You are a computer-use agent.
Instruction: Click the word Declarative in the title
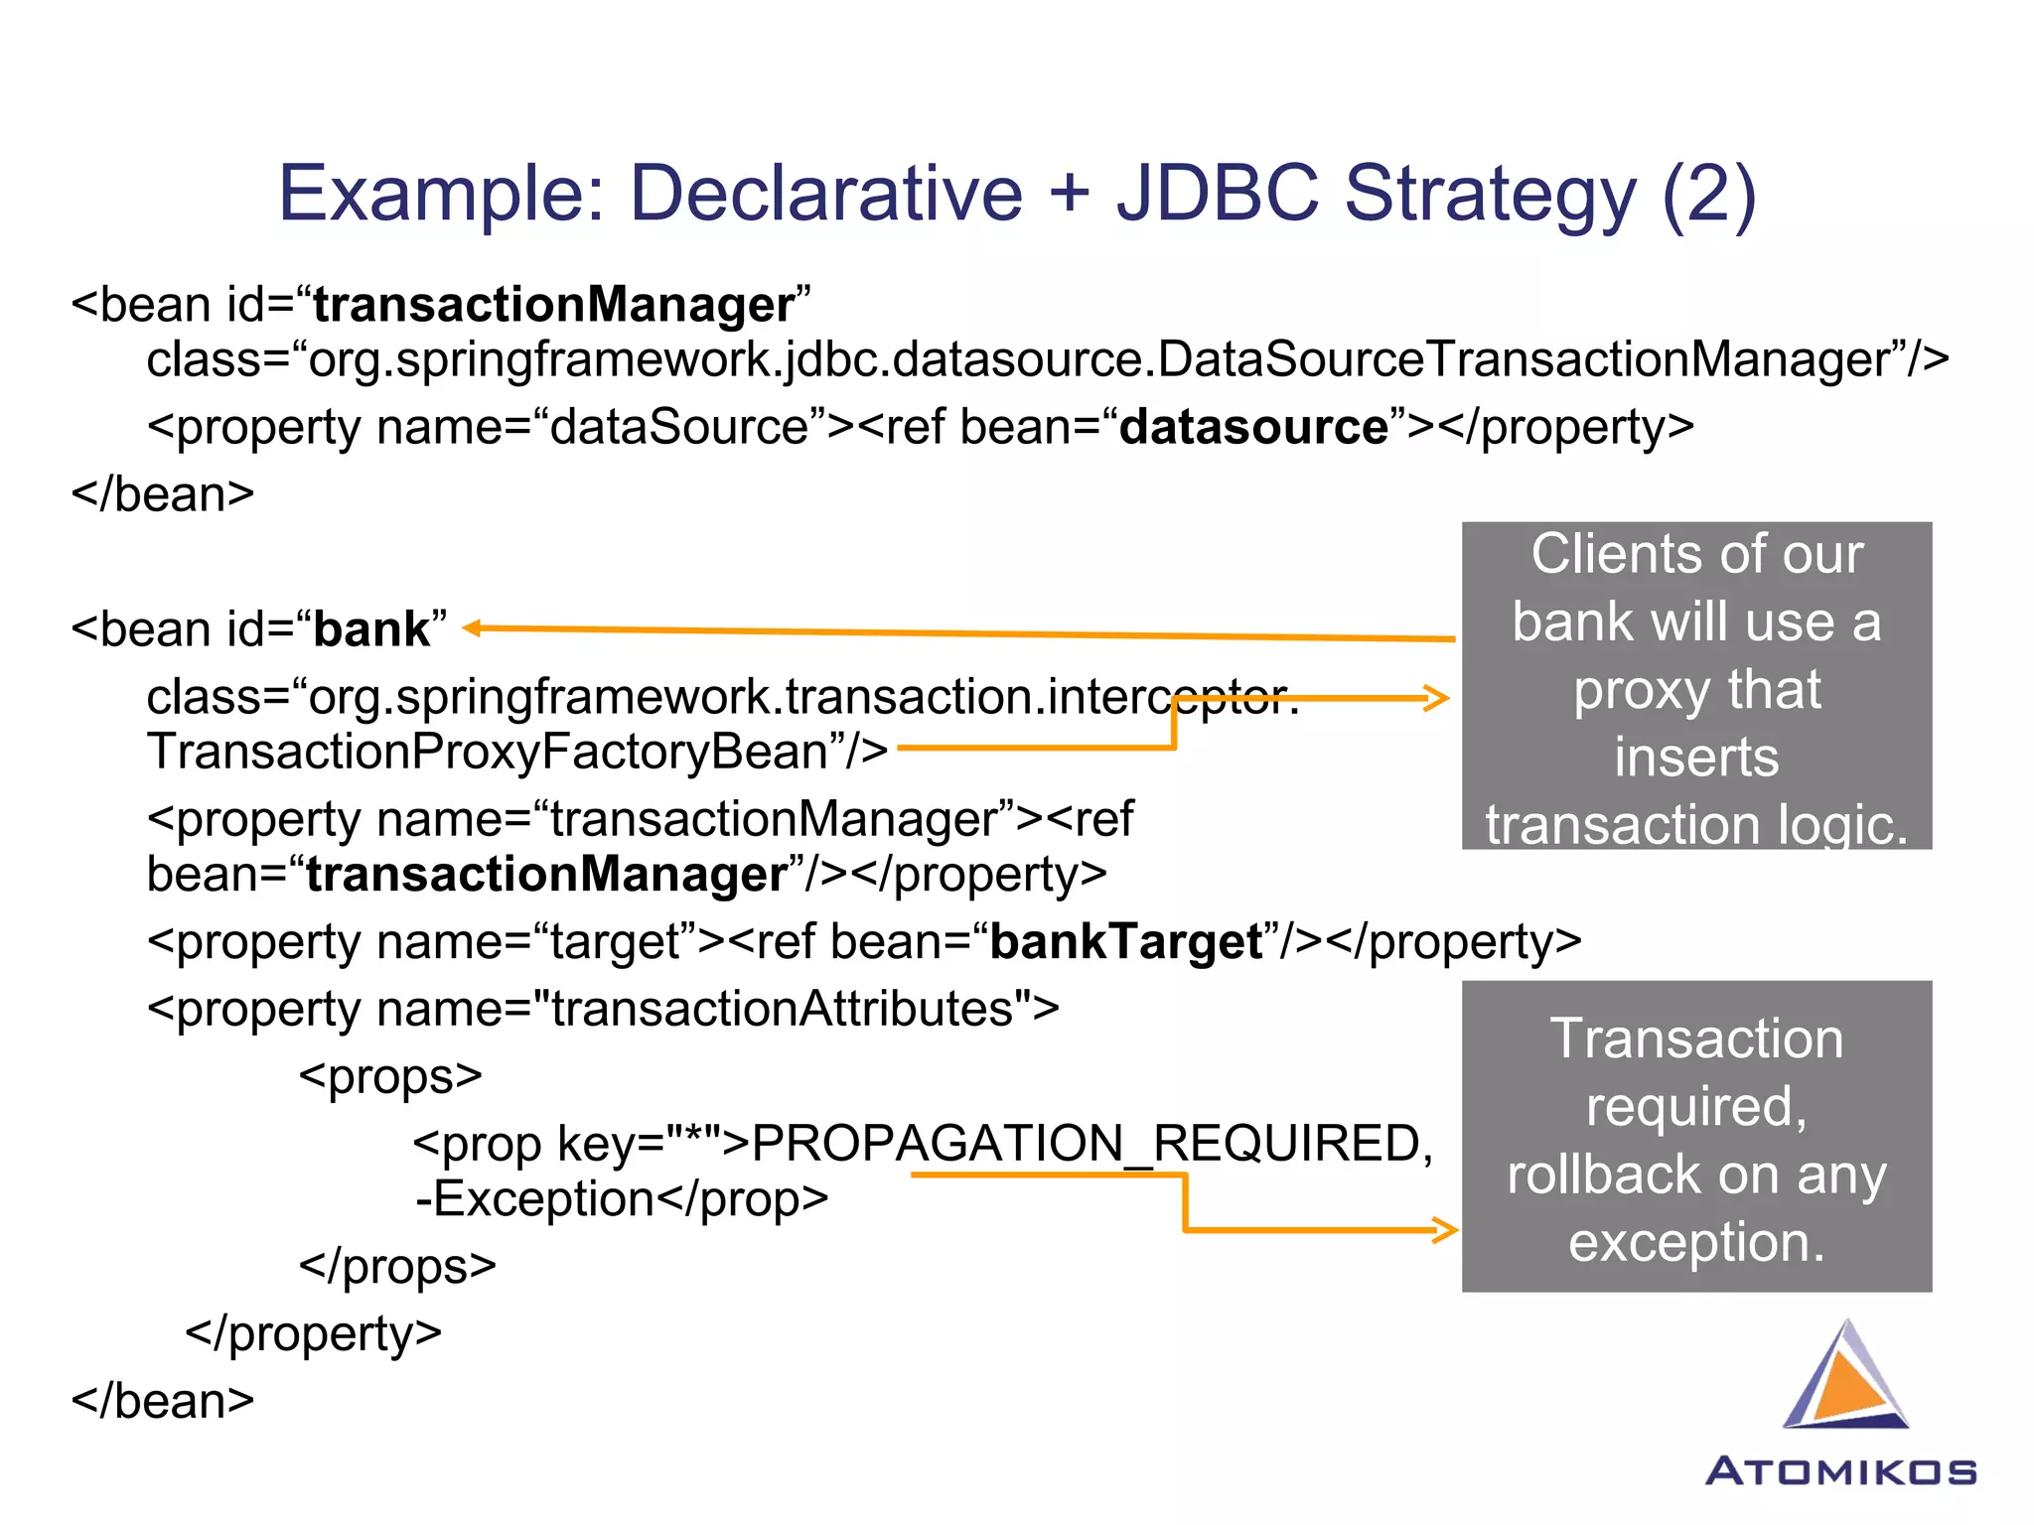[825, 193]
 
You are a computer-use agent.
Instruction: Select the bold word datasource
[1253, 427]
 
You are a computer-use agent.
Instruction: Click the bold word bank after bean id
[371, 629]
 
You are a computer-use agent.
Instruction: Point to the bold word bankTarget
[1126, 941]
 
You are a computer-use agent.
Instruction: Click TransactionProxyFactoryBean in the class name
[487, 752]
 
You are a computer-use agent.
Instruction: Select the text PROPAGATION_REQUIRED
[1088, 1143]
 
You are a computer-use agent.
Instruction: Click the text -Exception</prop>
[622, 1199]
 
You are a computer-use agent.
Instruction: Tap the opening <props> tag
[390, 1076]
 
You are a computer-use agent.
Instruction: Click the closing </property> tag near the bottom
[313, 1333]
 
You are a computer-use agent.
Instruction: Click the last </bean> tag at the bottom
[163, 1401]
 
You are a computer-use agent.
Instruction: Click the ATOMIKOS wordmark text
[1840, 1471]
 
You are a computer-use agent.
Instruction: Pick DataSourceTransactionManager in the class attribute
[1524, 359]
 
